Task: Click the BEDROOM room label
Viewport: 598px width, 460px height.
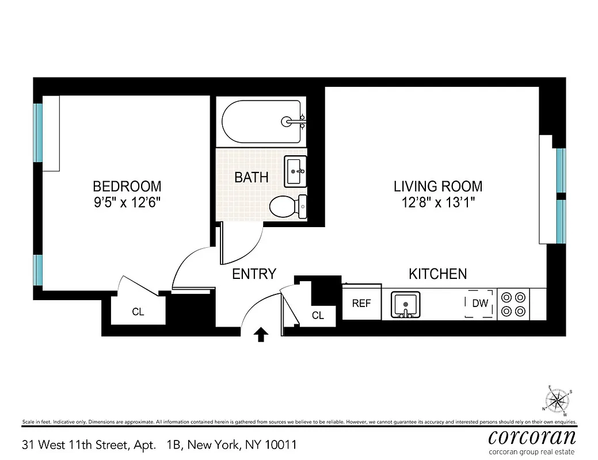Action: (127, 187)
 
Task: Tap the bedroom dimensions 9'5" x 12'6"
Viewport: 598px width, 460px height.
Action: (127, 202)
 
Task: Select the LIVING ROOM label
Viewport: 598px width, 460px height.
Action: (438, 187)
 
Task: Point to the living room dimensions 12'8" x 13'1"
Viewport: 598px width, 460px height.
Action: (438, 202)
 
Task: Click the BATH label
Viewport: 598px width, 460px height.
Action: (252, 177)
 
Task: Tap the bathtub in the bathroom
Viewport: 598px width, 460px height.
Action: (262, 122)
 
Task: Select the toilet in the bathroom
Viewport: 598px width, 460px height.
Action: (288, 206)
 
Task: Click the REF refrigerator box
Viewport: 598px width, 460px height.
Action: (361, 303)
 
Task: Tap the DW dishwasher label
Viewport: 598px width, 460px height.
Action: (479, 303)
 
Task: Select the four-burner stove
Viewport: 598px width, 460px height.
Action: (513, 304)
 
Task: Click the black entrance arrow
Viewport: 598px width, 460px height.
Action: (261, 334)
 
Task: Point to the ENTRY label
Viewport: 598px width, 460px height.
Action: (254, 274)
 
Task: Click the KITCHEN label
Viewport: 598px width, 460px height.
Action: (437, 274)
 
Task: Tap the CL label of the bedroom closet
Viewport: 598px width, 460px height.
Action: (138, 312)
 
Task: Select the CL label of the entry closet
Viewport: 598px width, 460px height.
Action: (318, 315)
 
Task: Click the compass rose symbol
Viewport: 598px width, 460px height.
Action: (557, 400)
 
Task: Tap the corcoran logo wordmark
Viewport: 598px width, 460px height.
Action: (532, 436)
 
